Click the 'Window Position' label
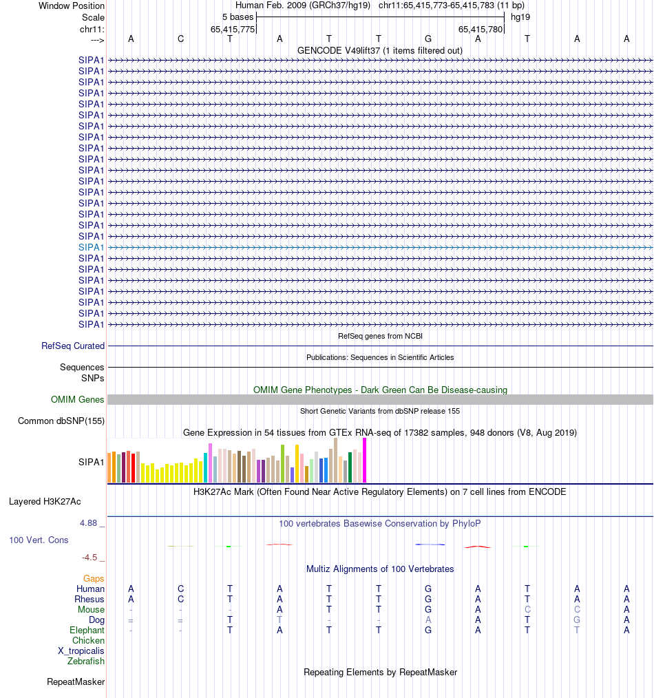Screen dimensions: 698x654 [72, 6]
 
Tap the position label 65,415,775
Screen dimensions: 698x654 [232, 29]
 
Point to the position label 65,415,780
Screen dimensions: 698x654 [481, 29]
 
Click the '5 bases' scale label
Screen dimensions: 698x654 [238, 17]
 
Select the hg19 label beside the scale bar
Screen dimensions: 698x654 [520, 17]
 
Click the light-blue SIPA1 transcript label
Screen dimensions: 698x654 [91, 247]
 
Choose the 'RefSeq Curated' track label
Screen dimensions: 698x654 [73, 346]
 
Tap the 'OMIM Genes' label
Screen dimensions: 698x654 [78, 399]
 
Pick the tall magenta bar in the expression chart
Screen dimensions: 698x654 [365, 461]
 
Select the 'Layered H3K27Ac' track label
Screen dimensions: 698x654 [45, 501]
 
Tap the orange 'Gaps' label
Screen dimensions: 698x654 [94, 579]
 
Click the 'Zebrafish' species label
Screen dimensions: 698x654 [86, 662]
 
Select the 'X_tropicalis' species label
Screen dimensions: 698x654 [81, 651]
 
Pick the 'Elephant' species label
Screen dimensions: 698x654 [87, 631]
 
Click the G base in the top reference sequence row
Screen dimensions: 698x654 [428, 39]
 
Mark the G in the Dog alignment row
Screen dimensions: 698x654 [577, 620]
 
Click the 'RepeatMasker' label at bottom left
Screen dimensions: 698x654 [76, 682]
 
